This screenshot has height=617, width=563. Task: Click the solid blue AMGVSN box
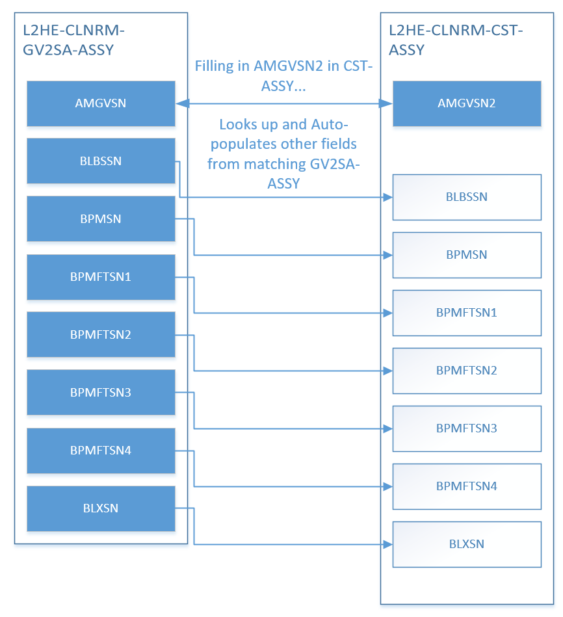click(101, 103)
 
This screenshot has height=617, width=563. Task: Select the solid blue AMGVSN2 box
click(467, 103)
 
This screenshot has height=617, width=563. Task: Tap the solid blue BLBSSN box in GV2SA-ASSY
click(101, 161)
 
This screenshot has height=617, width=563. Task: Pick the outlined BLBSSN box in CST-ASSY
click(467, 197)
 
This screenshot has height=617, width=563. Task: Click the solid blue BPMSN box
click(101, 219)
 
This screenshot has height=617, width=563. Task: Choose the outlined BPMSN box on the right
click(467, 255)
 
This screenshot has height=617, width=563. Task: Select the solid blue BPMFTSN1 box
click(101, 277)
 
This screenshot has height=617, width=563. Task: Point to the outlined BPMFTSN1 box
click(467, 313)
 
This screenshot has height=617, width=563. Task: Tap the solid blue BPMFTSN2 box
click(101, 334)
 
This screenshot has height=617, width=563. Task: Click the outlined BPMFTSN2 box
click(467, 371)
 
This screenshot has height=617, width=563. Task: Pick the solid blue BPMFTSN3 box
click(101, 392)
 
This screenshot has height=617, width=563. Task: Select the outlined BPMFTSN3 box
click(467, 428)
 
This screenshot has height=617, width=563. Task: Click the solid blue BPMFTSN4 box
click(101, 451)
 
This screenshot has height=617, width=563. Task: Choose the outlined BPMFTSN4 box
click(467, 486)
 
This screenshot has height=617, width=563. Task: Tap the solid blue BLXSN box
click(101, 508)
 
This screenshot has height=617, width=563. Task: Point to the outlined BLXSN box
click(467, 544)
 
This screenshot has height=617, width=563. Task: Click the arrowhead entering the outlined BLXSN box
click(388, 545)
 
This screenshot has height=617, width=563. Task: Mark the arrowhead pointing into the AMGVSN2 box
click(386, 103)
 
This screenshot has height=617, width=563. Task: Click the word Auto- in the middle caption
click(330, 124)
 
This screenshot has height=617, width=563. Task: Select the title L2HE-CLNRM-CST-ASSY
click(456, 40)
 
